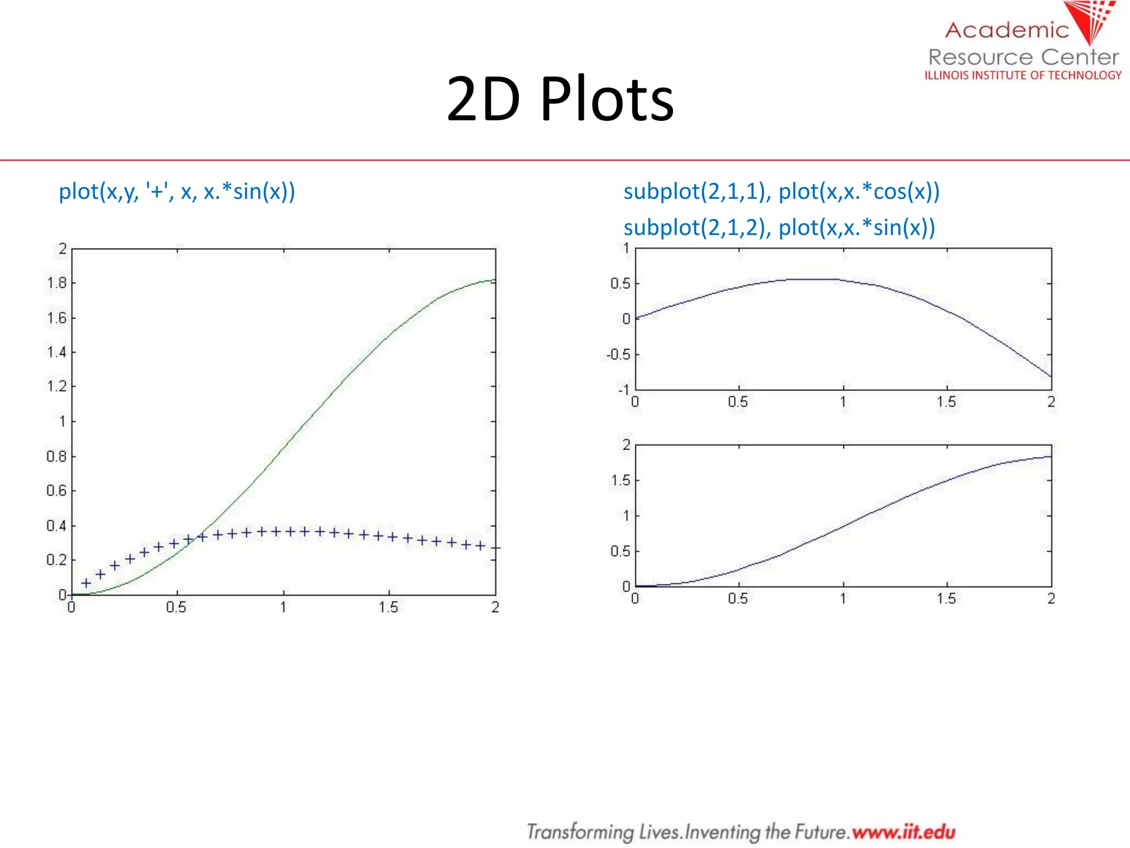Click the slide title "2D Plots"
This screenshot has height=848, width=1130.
(x=560, y=99)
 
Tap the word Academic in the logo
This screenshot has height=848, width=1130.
(x=1007, y=30)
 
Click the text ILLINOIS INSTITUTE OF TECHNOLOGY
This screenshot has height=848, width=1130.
(x=1023, y=75)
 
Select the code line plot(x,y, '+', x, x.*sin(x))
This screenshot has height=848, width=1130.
(x=177, y=192)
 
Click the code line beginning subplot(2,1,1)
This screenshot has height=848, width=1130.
(x=781, y=192)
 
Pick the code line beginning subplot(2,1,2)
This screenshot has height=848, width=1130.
(x=779, y=227)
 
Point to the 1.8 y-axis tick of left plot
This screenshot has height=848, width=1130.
(x=57, y=283)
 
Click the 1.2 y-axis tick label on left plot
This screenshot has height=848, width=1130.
(x=57, y=386)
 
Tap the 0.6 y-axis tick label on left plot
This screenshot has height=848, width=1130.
(x=57, y=491)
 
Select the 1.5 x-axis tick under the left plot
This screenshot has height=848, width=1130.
(x=388, y=607)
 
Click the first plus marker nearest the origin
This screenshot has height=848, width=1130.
(x=86, y=583)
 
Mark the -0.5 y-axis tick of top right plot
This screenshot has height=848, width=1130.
(x=619, y=354)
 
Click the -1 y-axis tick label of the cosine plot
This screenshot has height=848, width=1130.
(x=623, y=390)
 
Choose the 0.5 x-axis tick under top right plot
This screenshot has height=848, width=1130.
(x=738, y=402)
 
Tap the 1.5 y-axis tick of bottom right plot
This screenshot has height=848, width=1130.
(x=620, y=480)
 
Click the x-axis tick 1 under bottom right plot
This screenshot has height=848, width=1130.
(x=843, y=598)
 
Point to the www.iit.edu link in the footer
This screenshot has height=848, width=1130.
(x=903, y=831)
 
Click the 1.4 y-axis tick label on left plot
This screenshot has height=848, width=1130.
(x=57, y=352)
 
